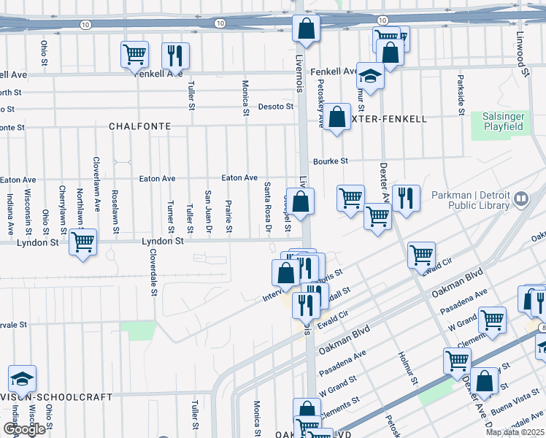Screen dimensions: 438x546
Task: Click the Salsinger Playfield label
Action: (x=503, y=121)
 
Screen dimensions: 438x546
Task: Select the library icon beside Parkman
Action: (x=520, y=198)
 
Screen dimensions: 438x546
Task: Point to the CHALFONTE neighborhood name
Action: (x=140, y=126)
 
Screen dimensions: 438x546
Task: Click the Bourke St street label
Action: (x=331, y=161)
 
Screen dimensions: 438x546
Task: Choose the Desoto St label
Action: (x=275, y=107)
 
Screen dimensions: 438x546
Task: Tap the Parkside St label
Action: (x=461, y=95)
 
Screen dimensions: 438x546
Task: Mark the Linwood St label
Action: (x=522, y=55)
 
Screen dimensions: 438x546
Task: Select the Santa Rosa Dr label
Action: (x=268, y=208)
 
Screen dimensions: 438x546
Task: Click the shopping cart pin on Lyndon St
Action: (x=82, y=242)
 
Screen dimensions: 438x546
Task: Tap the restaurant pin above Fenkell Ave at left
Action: (x=175, y=55)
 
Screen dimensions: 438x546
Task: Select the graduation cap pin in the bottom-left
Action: (x=22, y=379)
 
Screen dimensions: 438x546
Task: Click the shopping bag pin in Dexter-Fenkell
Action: (x=337, y=118)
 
